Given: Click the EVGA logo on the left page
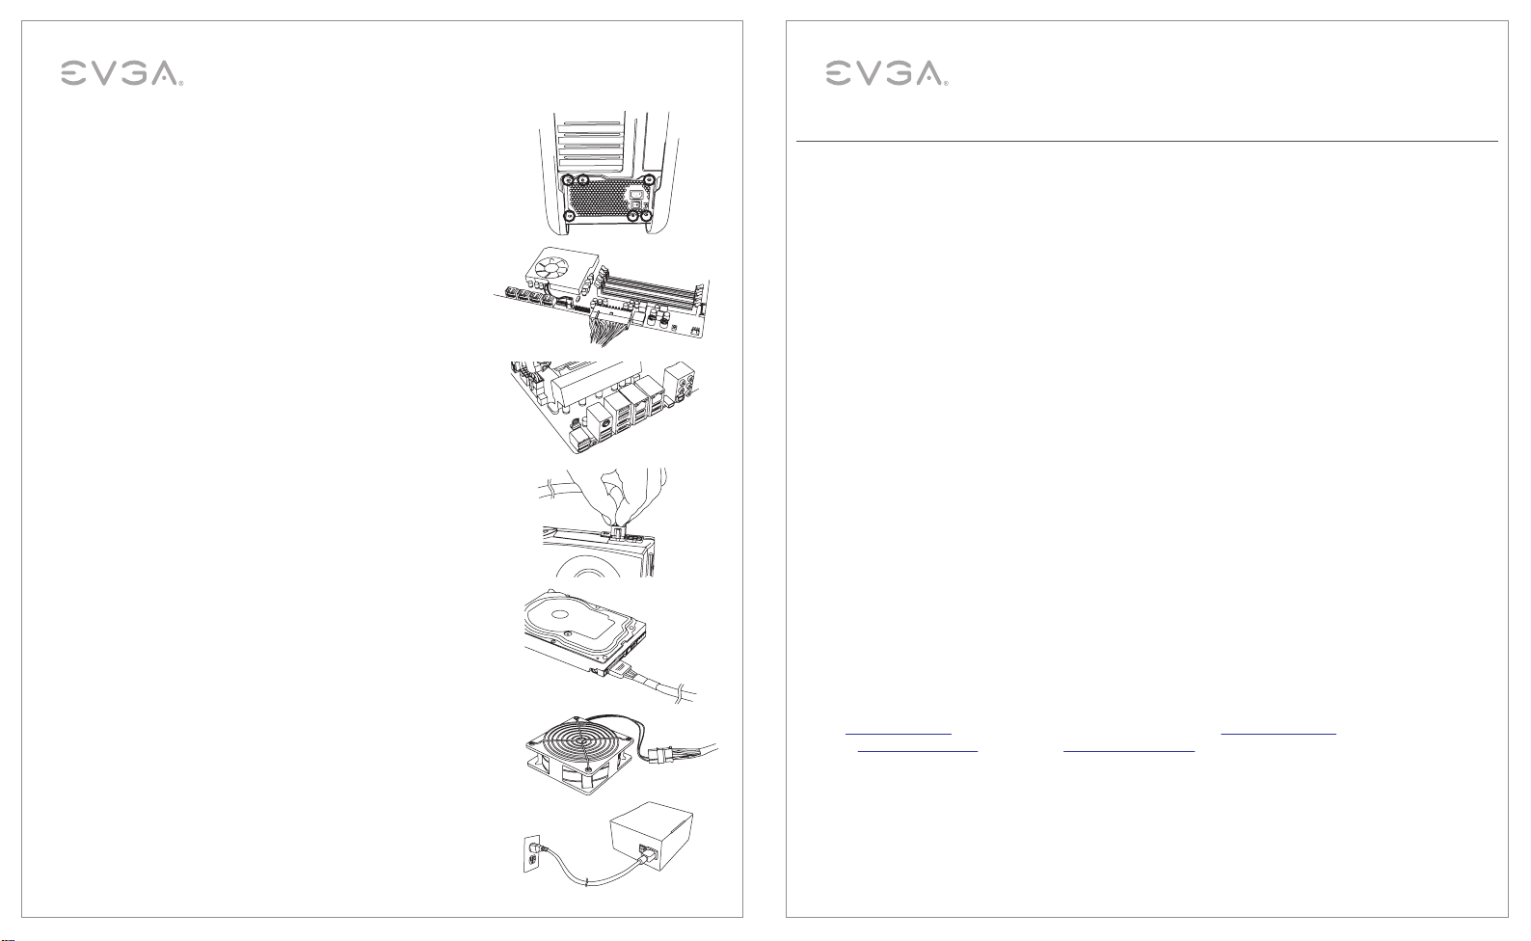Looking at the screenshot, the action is click(121, 73).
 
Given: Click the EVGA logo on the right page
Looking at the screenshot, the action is click(886, 73).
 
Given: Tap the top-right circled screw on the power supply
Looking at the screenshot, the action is click(650, 180).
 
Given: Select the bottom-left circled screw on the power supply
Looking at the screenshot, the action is click(569, 216).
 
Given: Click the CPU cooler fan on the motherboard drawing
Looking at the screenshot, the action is click(556, 264).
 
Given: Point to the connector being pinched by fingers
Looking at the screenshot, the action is click(616, 529).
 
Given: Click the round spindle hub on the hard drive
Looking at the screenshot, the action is click(560, 614).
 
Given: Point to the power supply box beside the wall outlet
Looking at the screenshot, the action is click(652, 837).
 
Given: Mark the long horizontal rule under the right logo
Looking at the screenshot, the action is click(1147, 142).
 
